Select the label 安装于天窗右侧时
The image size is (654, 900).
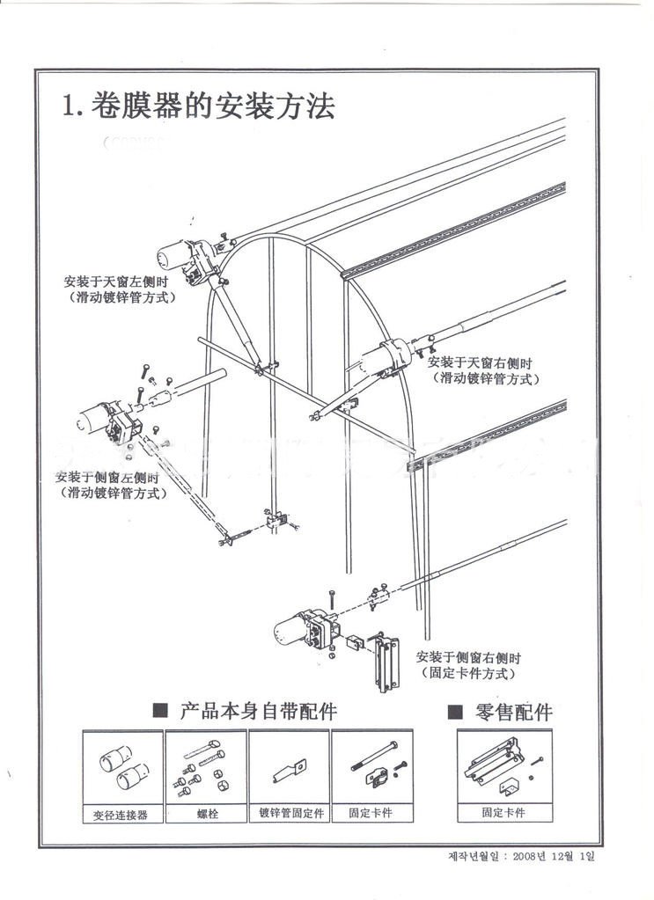(x=480, y=362)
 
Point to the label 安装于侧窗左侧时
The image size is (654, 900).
(x=107, y=477)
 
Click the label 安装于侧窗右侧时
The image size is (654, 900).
(x=469, y=657)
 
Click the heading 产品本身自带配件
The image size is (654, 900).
(x=258, y=711)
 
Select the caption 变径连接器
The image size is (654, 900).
(x=121, y=815)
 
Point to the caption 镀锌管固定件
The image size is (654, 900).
(x=290, y=814)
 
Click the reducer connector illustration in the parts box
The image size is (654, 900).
(x=123, y=765)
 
